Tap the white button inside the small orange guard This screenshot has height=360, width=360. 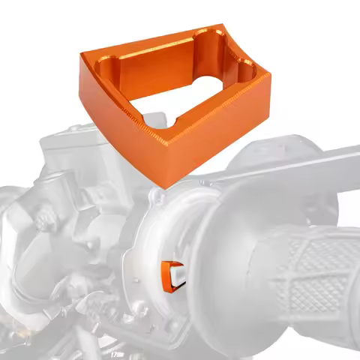(x=178, y=275)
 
